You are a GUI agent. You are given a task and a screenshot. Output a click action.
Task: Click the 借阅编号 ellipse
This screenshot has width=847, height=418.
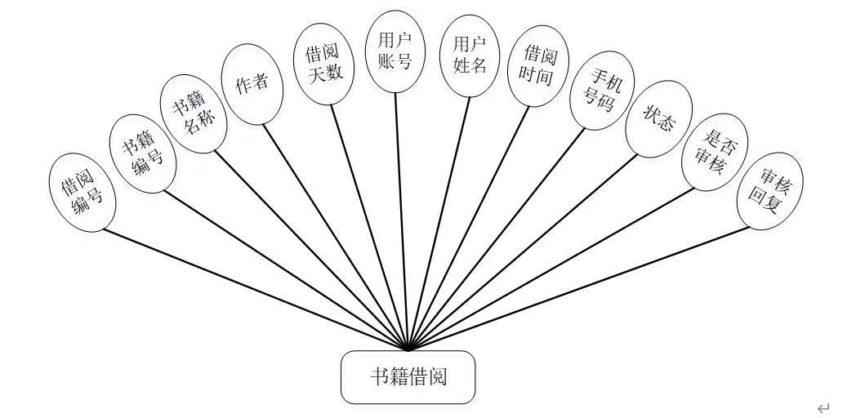click(x=82, y=193)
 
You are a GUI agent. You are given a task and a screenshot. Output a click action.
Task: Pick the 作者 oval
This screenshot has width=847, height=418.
click(x=252, y=85)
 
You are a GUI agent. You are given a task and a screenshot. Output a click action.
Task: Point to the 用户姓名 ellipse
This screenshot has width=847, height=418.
click(x=470, y=55)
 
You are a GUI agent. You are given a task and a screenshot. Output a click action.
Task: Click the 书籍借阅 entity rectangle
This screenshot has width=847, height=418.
click(x=408, y=377)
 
